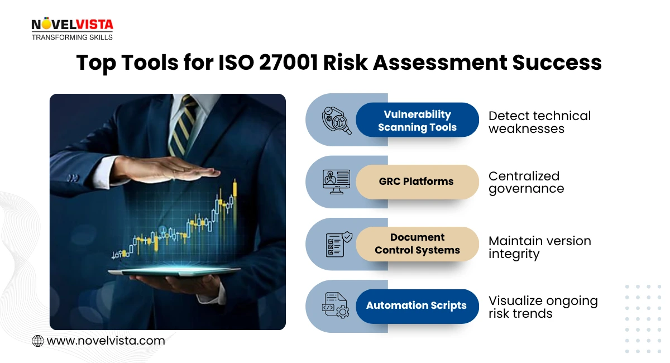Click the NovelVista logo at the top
[72, 25]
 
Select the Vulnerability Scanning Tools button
[417, 120]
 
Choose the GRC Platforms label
[417, 181]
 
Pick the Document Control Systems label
[417, 244]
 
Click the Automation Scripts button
[417, 305]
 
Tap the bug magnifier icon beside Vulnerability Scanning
[337, 121]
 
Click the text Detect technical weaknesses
[539, 122]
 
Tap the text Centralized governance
[526, 182]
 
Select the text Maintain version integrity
[539, 247]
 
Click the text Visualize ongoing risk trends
[543, 307]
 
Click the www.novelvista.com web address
[106, 341]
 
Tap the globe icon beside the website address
[38, 341]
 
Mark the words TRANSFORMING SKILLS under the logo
[72, 37]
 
